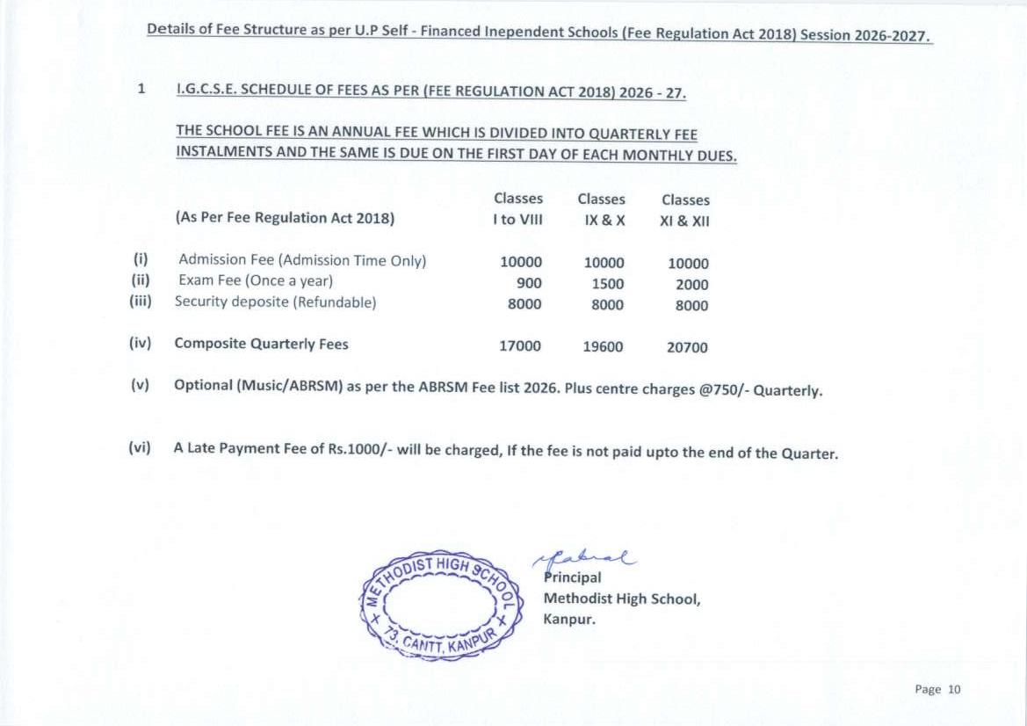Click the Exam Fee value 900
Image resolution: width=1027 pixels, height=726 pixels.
[x=529, y=283]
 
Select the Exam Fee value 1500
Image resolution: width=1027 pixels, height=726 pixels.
[x=607, y=284]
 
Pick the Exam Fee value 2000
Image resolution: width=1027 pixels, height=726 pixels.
[x=691, y=285]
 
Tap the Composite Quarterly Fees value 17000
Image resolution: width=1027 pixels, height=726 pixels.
[x=520, y=346]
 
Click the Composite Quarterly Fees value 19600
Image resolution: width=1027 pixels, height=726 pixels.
[x=603, y=347]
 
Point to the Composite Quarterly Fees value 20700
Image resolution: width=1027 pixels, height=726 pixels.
[x=687, y=348]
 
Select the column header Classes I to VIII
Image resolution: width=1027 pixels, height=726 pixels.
[x=517, y=209]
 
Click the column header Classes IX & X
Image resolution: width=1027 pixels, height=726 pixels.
[x=602, y=210]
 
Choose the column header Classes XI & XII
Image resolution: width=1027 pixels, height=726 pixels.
[x=684, y=211]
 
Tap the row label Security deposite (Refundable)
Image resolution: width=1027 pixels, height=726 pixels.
[x=275, y=302]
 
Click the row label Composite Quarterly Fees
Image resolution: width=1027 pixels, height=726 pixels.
[x=261, y=344]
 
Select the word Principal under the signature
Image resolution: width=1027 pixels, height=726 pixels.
[x=573, y=577]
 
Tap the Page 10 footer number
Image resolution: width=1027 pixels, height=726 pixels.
[x=937, y=689]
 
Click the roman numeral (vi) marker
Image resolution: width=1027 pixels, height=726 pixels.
[x=140, y=447]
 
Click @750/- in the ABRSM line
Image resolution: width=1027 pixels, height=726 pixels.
[x=724, y=390]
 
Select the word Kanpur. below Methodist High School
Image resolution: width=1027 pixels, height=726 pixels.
[x=569, y=619]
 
